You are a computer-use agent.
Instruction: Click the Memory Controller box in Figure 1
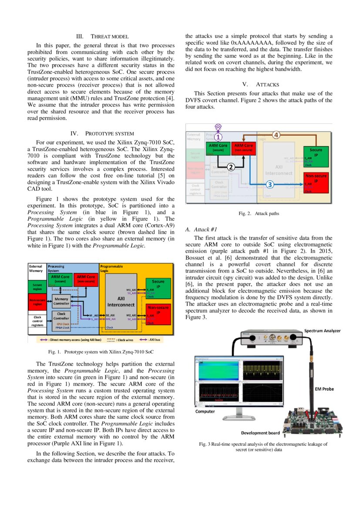click(61, 301)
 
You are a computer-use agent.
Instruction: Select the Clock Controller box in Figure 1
click(61, 317)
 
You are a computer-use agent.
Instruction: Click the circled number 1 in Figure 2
click(221, 136)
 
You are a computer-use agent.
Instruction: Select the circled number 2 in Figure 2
click(231, 166)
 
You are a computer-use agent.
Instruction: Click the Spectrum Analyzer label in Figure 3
click(323, 331)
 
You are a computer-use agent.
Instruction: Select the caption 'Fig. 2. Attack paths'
click(259, 214)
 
